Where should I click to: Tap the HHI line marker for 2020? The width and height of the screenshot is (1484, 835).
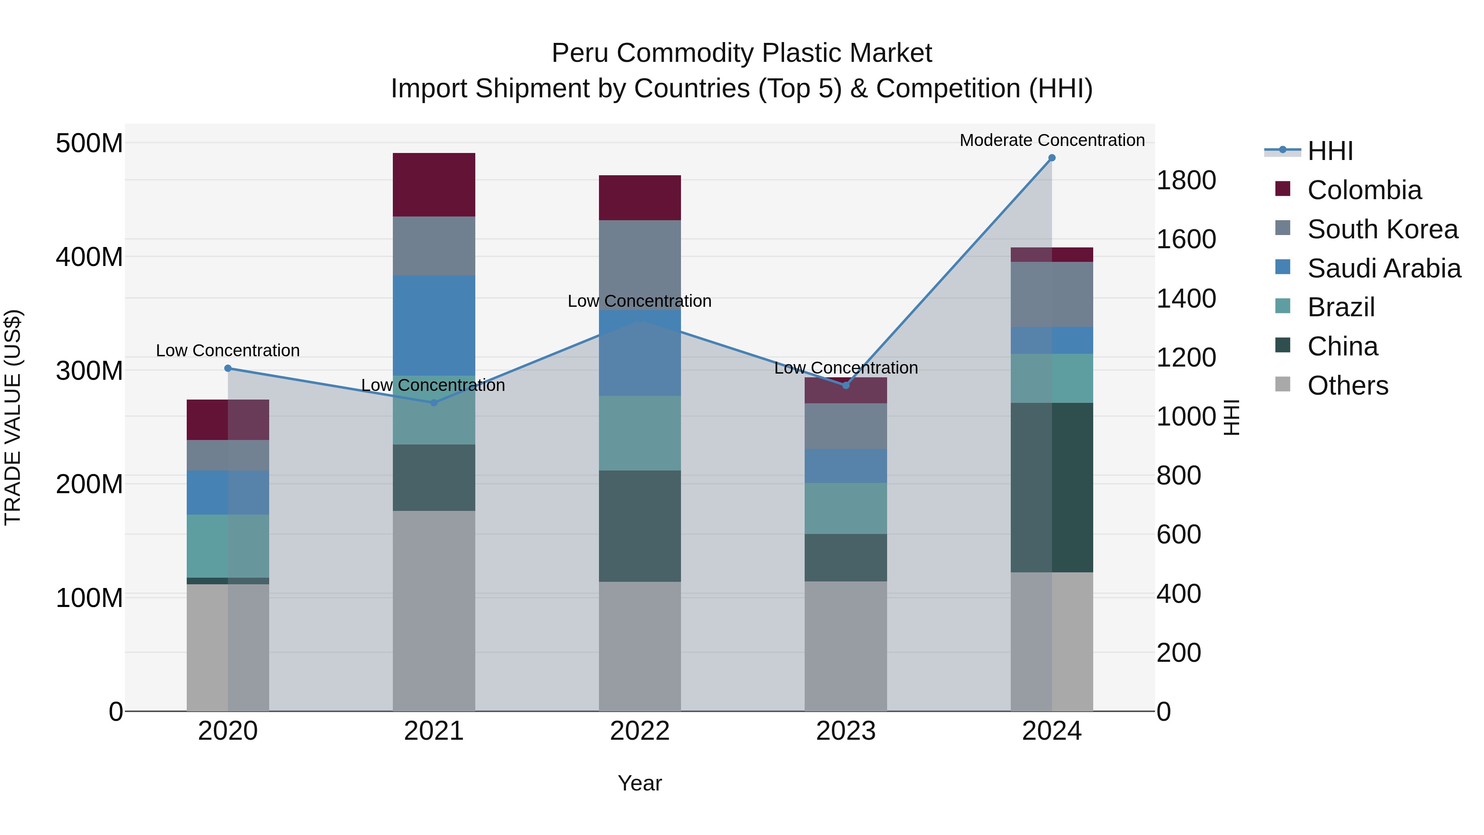point(228,368)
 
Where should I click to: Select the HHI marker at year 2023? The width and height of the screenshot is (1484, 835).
point(846,386)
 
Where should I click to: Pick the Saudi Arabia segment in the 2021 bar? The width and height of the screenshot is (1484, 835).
point(434,326)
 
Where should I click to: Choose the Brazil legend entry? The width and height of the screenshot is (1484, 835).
point(1341,307)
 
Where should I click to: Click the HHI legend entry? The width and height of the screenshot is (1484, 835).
point(1329,151)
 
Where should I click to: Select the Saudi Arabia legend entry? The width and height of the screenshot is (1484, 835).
point(1384,268)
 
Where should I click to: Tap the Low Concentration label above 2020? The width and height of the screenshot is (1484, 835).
point(228,350)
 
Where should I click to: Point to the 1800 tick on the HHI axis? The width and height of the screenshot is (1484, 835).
point(1186,180)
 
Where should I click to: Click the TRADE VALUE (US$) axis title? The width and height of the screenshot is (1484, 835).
point(13,417)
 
